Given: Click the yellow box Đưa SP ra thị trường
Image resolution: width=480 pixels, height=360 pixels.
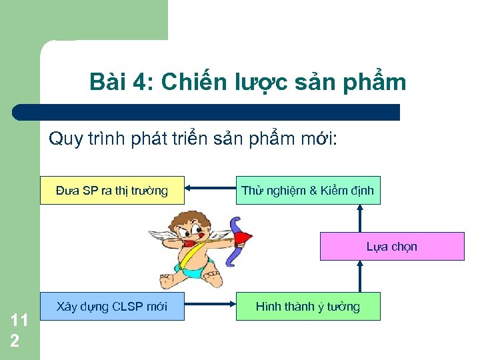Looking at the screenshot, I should [x=112, y=191].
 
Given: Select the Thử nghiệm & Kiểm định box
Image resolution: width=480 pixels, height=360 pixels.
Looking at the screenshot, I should [x=307, y=191].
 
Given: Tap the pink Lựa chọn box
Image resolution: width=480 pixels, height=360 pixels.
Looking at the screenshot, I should [x=392, y=246].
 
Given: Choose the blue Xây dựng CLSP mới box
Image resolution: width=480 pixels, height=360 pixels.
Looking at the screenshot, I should [x=112, y=307].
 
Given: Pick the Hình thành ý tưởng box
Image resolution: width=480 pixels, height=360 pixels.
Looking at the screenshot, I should [x=307, y=307].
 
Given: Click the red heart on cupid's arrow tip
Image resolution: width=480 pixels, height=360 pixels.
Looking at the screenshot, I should [x=244, y=237].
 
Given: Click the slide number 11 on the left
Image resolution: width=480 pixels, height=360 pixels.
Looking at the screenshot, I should [x=19, y=321].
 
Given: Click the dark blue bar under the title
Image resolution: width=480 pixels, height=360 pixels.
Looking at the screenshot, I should [x=207, y=112].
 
